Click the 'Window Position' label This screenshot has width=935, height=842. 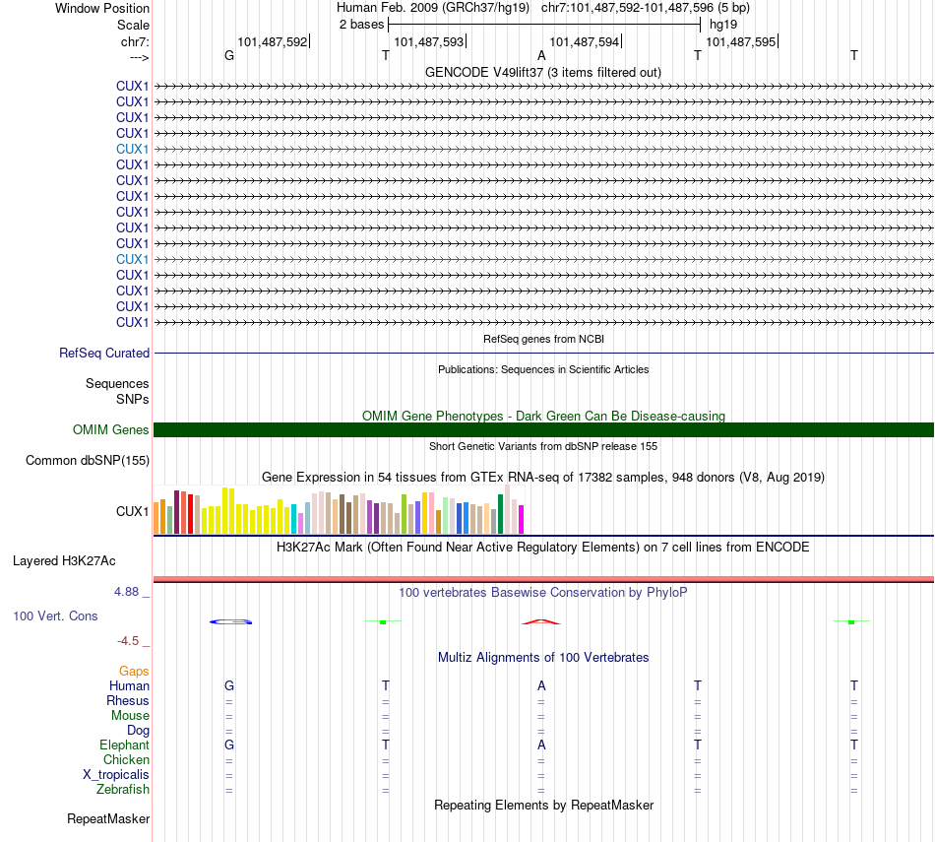point(102,8)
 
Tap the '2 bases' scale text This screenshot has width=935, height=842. point(361,23)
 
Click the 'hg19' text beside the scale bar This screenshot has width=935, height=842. point(722,23)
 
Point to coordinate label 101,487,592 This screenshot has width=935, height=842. point(272,42)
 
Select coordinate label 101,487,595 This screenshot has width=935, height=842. point(740,42)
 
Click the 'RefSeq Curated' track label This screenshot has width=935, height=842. point(104,353)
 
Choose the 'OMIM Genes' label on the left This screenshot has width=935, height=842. point(111,429)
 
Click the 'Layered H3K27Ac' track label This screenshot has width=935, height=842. point(64,561)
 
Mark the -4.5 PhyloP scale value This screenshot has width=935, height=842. point(133,641)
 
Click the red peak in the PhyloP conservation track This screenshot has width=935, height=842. point(540,621)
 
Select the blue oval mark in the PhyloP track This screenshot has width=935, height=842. point(232,621)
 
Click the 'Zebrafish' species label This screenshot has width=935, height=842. point(123,789)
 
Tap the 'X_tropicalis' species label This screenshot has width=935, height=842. point(116,774)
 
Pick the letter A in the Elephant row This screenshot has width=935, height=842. point(540,745)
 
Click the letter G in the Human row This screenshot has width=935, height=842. point(229,685)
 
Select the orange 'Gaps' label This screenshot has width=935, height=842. point(134,671)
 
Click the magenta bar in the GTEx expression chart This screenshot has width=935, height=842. point(521,518)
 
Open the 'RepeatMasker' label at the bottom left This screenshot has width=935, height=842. point(108,818)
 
